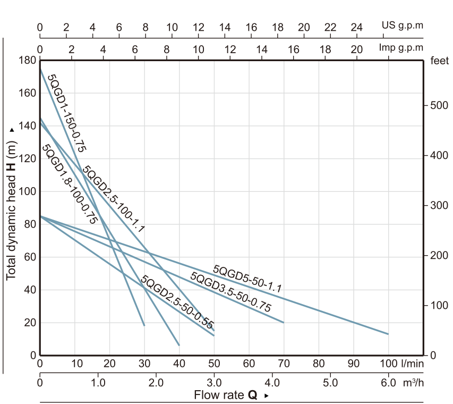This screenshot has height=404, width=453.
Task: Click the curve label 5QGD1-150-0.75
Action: (x=67, y=113)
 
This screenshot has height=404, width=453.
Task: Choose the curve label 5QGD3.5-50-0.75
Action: (x=230, y=292)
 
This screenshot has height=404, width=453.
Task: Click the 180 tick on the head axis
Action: (x=25, y=60)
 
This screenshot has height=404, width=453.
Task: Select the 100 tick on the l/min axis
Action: (x=389, y=364)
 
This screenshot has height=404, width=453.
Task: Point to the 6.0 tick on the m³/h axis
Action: (x=388, y=383)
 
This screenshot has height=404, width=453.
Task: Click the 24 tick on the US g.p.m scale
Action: (x=356, y=27)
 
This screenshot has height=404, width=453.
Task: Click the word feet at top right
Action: (x=440, y=61)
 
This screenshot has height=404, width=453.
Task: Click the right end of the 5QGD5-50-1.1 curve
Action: (x=388, y=334)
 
